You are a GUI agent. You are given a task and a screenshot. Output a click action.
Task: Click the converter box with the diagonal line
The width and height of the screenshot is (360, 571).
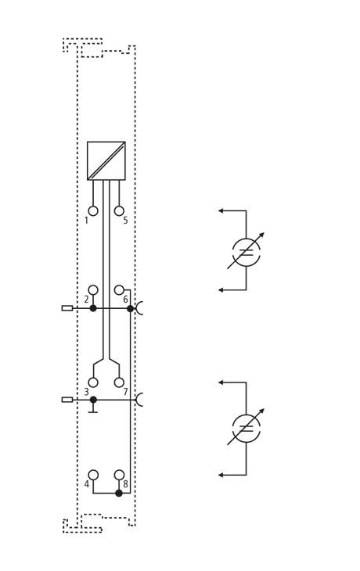(106, 160)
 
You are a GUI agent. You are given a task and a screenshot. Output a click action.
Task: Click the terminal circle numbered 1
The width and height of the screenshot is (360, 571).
(93, 211)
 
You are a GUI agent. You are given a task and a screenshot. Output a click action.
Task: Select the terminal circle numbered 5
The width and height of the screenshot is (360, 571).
(119, 211)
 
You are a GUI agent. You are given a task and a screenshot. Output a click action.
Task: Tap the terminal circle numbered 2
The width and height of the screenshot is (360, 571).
(93, 290)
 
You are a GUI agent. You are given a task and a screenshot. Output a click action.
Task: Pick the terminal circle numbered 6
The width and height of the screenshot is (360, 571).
(119, 290)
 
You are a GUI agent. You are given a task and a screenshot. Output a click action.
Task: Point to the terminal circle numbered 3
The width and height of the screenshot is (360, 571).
(93, 382)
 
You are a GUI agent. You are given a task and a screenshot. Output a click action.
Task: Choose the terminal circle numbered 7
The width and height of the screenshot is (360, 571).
(119, 382)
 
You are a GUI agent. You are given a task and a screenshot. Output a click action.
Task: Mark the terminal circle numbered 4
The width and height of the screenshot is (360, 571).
(93, 475)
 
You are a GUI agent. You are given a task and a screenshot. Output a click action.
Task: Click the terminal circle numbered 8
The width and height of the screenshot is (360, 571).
(119, 475)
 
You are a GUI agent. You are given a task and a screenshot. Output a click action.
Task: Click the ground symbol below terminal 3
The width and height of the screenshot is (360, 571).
(93, 410)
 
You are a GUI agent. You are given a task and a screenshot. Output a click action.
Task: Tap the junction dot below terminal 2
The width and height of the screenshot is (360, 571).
(93, 308)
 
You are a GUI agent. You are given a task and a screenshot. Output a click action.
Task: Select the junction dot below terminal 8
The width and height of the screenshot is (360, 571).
(119, 493)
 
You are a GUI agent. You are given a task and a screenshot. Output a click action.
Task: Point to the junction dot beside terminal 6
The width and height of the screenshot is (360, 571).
(130, 308)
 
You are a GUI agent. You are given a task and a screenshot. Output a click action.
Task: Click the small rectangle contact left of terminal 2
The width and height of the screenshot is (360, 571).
(67, 308)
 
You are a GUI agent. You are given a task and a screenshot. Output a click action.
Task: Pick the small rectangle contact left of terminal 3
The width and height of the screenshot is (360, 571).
(67, 400)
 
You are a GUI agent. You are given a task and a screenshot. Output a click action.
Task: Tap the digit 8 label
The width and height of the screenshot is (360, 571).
(125, 484)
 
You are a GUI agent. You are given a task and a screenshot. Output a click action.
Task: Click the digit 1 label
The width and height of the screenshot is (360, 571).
(86, 221)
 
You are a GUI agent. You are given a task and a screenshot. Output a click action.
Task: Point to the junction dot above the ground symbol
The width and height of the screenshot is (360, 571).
(93, 400)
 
